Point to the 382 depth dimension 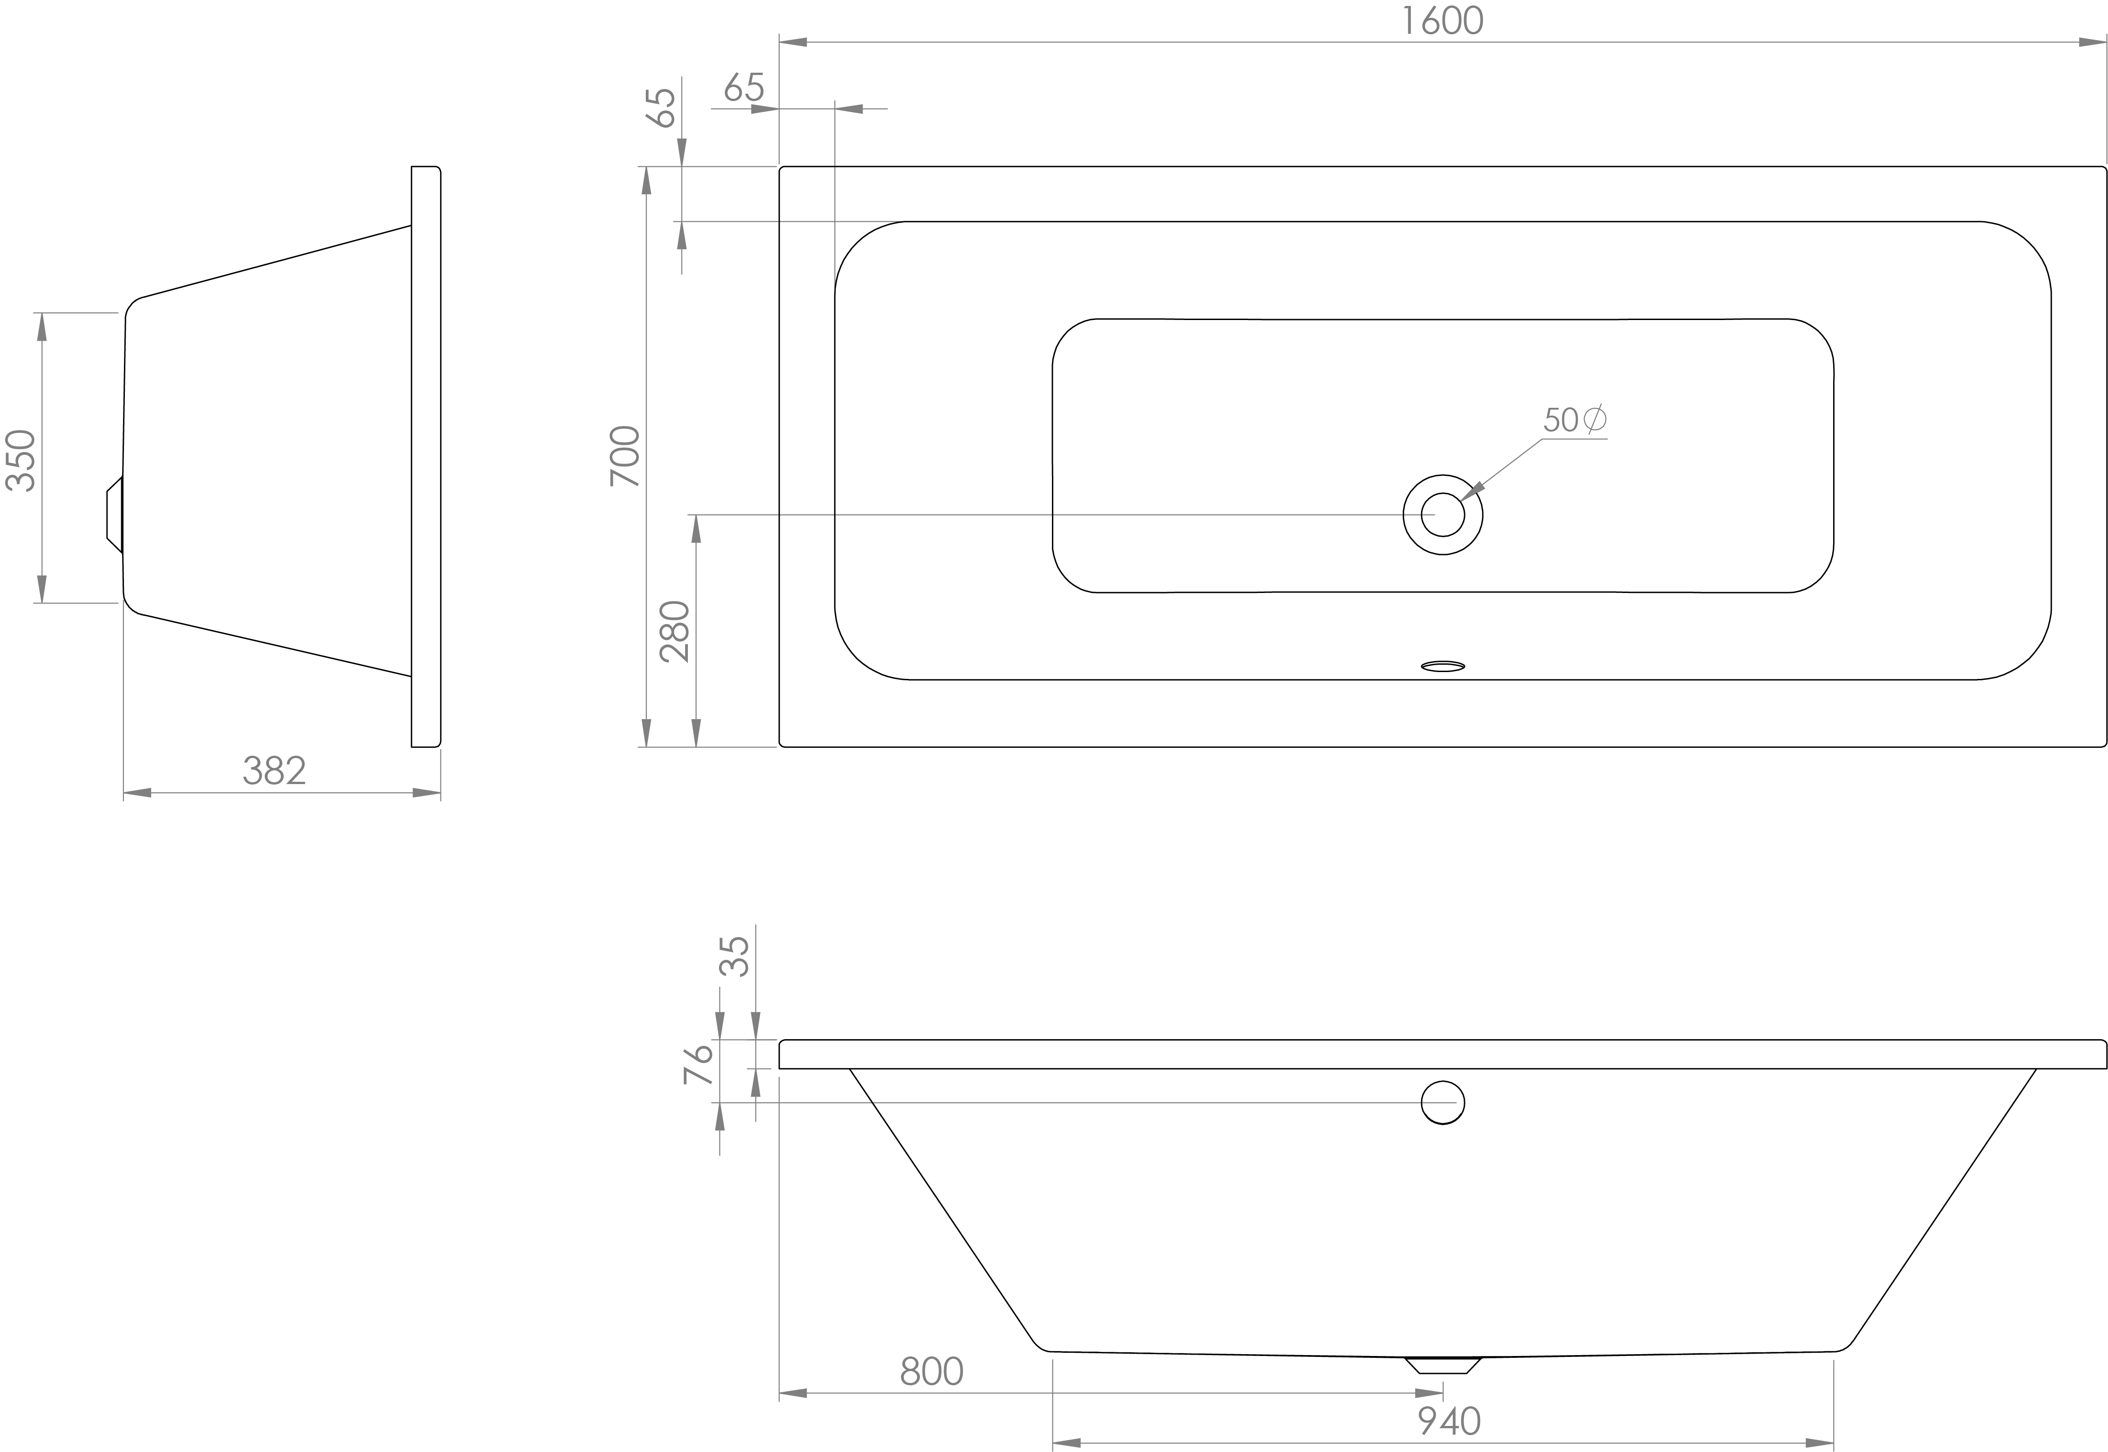[274, 771]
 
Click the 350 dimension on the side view [22, 460]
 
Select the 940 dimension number [1449, 1420]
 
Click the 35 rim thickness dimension [735, 956]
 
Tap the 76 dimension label [698, 1064]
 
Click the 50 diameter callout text [1574, 419]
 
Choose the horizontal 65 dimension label [744, 88]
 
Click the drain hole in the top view [1443, 515]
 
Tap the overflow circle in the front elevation [1443, 1103]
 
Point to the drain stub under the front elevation [1443, 1365]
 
